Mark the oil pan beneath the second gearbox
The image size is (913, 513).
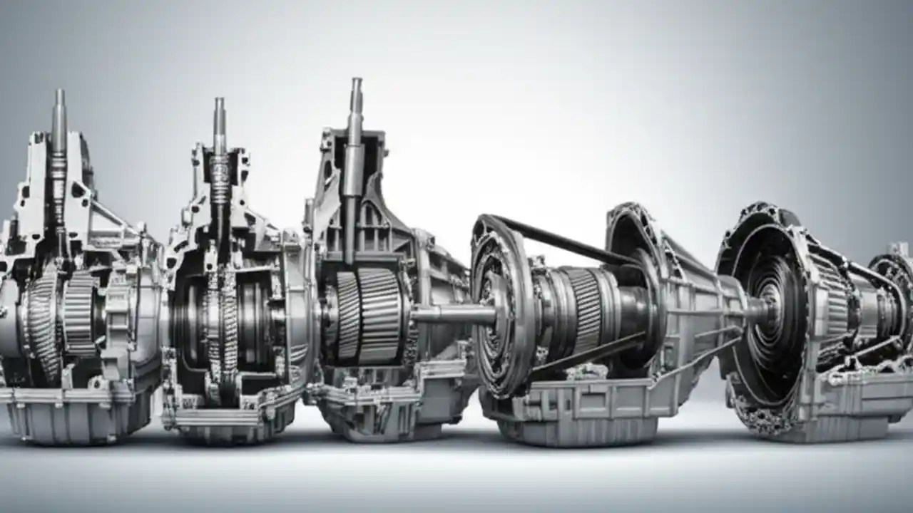click(x=228, y=424)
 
